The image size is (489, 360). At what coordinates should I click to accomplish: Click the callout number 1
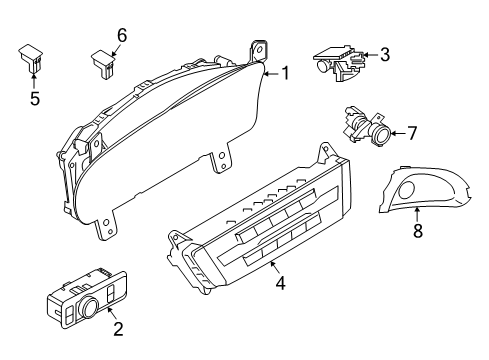point(285,72)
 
